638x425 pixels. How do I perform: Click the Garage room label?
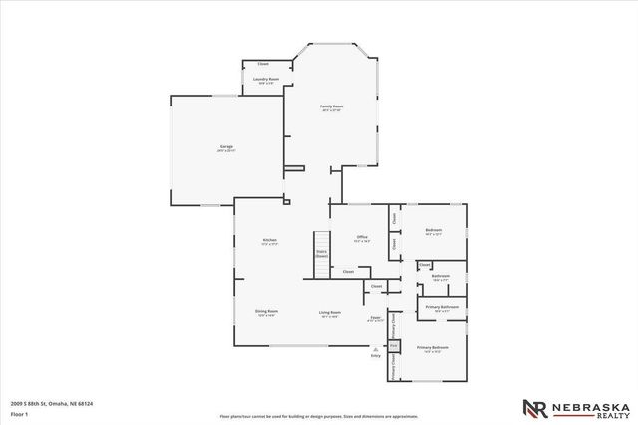226,147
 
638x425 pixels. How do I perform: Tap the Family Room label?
331,106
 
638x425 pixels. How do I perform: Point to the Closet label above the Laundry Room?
263,63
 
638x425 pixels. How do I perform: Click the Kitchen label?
269,240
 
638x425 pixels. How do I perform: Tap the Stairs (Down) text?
322,254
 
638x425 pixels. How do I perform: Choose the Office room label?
361,238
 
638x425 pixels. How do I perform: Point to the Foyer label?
376,318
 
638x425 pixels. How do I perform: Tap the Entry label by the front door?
376,355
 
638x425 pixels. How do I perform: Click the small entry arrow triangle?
376,348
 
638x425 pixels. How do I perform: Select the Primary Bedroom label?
434,347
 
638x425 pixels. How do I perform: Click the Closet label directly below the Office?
348,271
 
